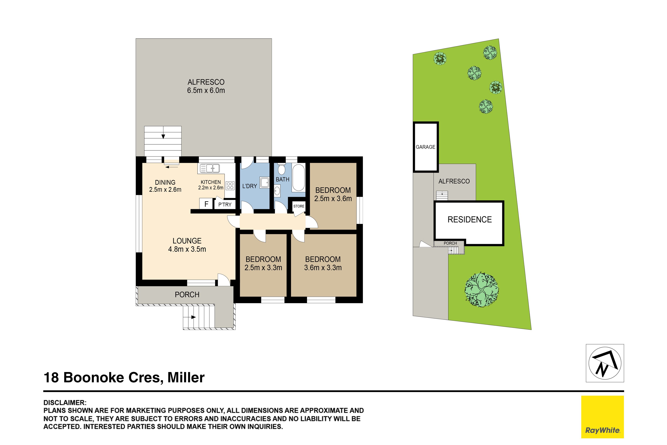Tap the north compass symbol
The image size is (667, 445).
(x=605, y=363)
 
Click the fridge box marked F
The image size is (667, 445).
(x=206, y=204)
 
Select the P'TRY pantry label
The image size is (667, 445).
(x=225, y=204)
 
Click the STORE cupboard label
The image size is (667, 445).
(x=299, y=206)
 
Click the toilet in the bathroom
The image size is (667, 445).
(x=281, y=169)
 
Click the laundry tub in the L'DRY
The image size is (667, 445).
(x=265, y=183)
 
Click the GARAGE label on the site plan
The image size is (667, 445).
(x=426, y=147)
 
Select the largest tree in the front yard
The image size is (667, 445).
(x=482, y=290)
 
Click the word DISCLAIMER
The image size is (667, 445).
(x=65, y=403)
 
